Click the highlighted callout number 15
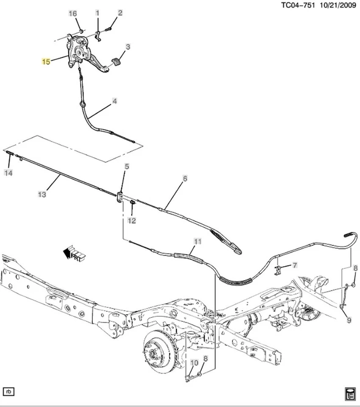point(46,62)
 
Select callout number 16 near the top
point(73,14)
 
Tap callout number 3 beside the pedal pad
point(128,47)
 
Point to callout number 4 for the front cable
point(114,102)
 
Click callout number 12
point(132,220)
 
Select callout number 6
point(185,178)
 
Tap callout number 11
point(197,242)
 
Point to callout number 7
point(295,265)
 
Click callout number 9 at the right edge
point(349,320)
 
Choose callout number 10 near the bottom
point(194,363)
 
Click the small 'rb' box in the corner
point(9,391)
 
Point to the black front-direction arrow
point(67,253)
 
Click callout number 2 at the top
point(120,13)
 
